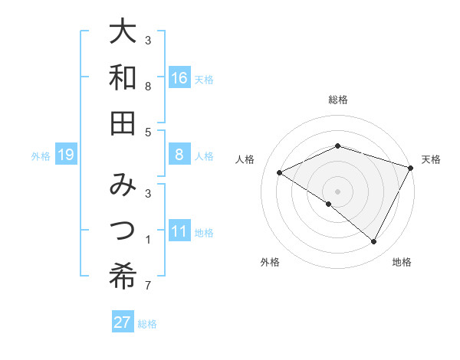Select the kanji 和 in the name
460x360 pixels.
coord(123,78)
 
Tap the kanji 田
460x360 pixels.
coord(123,123)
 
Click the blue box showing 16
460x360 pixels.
coord(179,78)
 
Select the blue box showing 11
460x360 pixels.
coord(179,232)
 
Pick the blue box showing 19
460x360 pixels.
coord(66,155)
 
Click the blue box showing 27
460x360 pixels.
coord(123,322)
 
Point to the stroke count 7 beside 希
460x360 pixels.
coord(147,286)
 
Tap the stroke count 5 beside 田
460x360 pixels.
coord(147,132)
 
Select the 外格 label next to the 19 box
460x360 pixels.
coord(41,156)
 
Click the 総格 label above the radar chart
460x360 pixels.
coord(338,100)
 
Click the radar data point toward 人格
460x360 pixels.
coord(280,173)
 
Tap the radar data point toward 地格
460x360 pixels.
coord(374,241)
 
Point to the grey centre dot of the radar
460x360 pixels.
coord(338,191)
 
